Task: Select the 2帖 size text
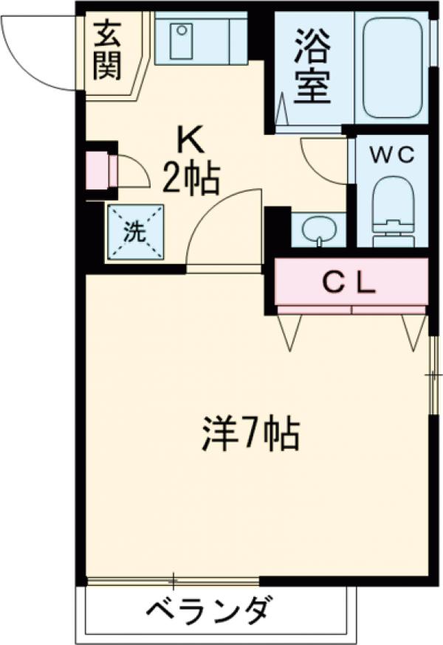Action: click(x=190, y=179)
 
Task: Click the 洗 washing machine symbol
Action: click(x=134, y=232)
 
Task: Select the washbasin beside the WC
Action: click(x=318, y=230)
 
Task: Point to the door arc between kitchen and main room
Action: click(x=221, y=229)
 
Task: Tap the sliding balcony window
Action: click(x=174, y=579)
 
